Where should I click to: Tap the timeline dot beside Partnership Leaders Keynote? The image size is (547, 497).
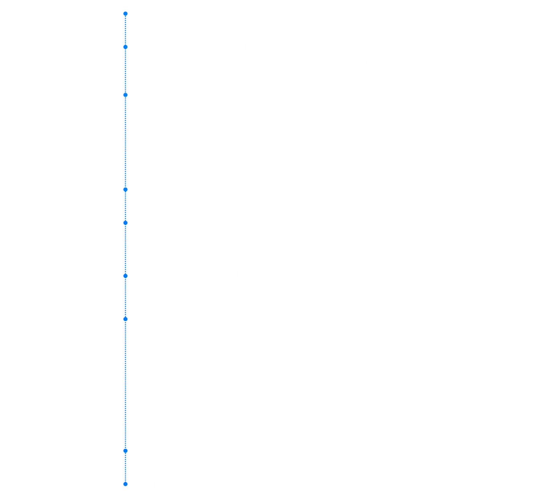[x=125, y=47]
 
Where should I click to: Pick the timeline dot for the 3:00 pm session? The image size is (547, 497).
[x=125, y=223]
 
